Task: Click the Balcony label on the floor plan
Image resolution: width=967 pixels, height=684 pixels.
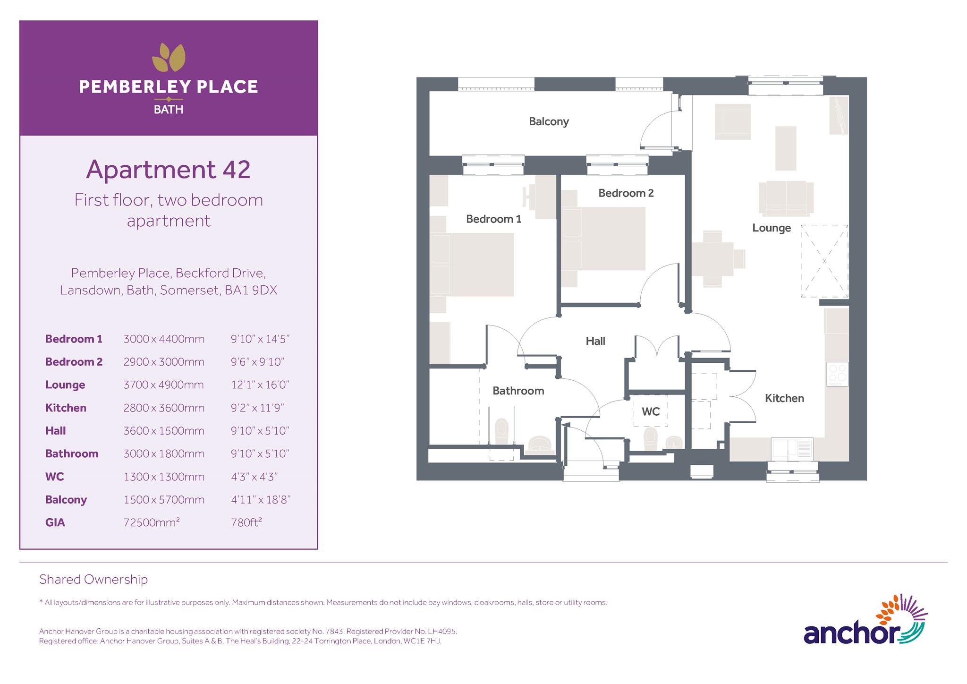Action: (549, 122)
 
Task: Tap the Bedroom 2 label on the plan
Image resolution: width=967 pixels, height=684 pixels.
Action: (626, 193)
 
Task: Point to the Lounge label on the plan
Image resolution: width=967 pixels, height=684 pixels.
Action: (771, 228)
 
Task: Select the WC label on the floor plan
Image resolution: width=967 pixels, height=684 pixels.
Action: (650, 411)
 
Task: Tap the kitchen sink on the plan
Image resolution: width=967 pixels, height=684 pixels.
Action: (792, 448)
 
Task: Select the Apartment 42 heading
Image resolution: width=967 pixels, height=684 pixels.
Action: (168, 169)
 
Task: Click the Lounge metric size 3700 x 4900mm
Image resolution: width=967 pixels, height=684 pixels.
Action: (163, 385)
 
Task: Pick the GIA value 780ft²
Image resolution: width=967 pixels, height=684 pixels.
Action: (246, 522)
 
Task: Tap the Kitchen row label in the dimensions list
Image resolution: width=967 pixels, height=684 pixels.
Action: (66, 408)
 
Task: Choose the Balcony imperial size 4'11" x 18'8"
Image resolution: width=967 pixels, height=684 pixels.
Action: (261, 500)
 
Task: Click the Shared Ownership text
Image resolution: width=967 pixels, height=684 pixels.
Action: (93, 580)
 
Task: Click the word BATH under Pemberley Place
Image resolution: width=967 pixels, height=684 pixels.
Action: (169, 110)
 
